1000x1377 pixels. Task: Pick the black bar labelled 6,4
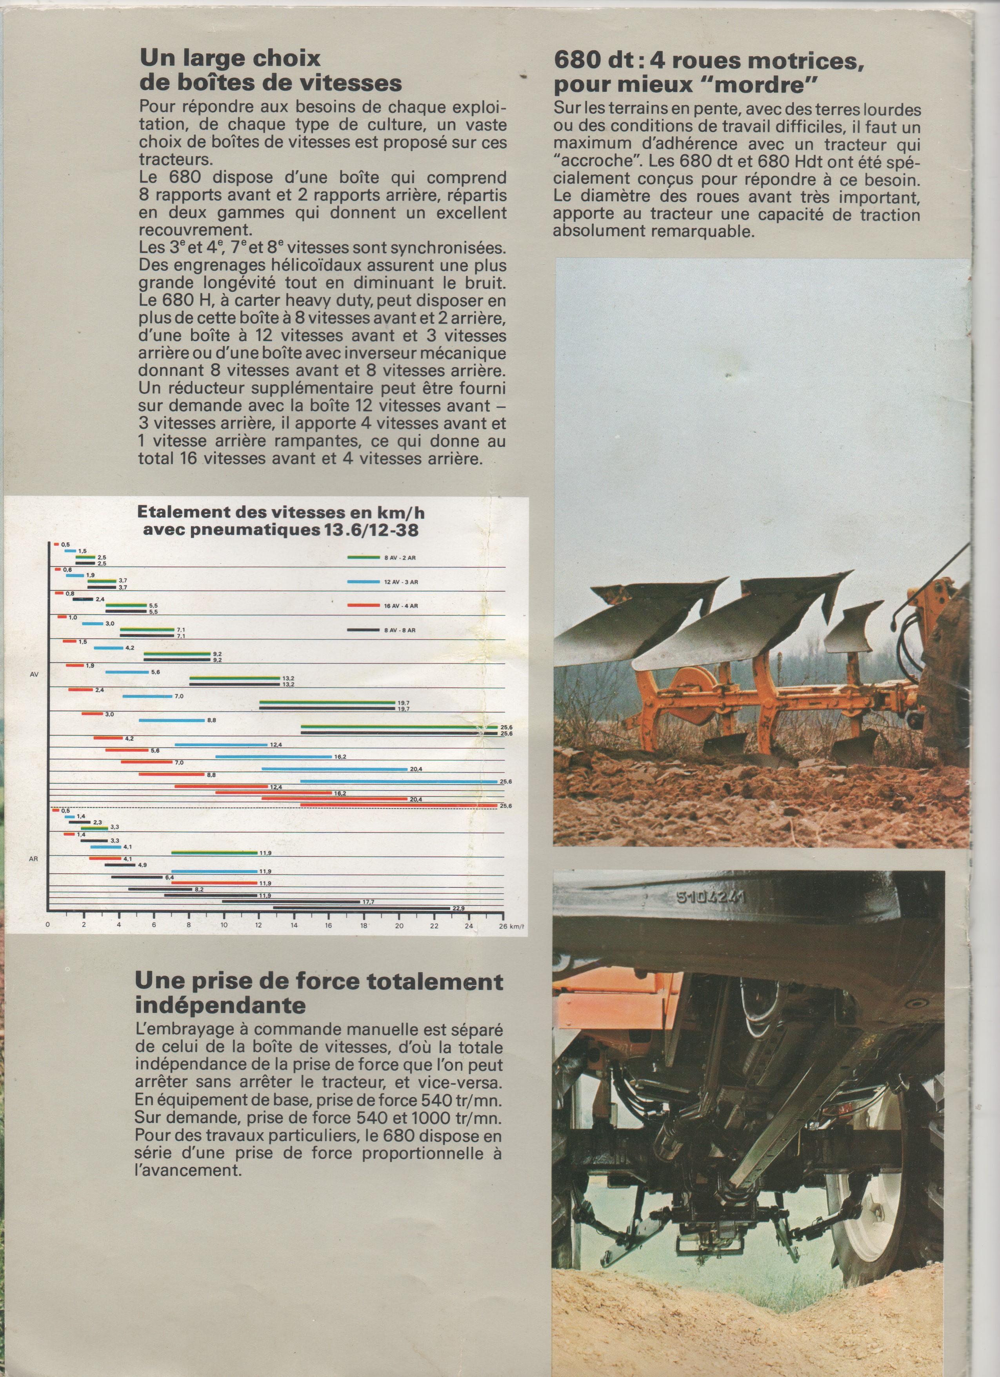[137, 877]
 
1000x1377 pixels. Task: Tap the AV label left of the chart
[34, 674]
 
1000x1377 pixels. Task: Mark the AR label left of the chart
[34, 859]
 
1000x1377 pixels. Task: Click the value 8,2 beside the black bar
[198, 889]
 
